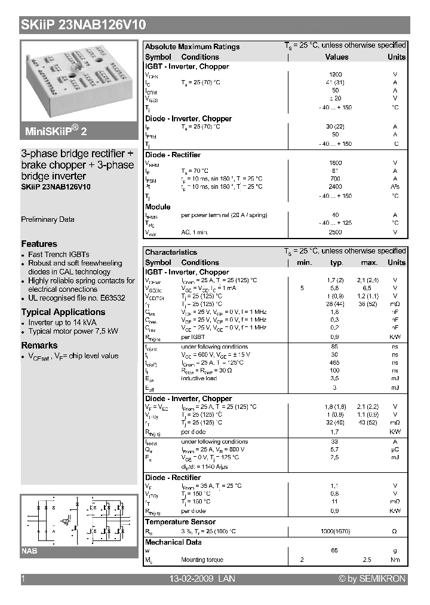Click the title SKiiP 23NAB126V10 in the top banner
pyautogui.click(x=83, y=25)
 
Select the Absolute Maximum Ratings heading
pyautogui.click(x=192, y=47)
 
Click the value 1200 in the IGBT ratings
pyautogui.click(x=336, y=75)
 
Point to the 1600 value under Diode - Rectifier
pyautogui.click(x=336, y=163)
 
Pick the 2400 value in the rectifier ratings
pyautogui.click(x=336, y=187)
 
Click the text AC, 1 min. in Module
pyautogui.click(x=195, y=231)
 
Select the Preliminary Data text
pyautogui.click(x=48, y=219)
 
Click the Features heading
pyautogui.click(x=39, y=244)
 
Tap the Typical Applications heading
pyautogui.click(x=63, y=312)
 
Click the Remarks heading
pyautogui.click(x=39, y=346)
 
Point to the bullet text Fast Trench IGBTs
pyautogui.click(x=59, y=255)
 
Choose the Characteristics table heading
pyautogui.click(x=171, y=252)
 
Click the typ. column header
pyautogui.click(x=337, y=262)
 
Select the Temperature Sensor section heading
pyautogui.click(x=180, y=522)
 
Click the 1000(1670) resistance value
pyautogui.click(x=336, y=531)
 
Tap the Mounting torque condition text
pyautogui.click(x=202, y=560)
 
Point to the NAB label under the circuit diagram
pyautogui.click(x=29, y=551)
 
